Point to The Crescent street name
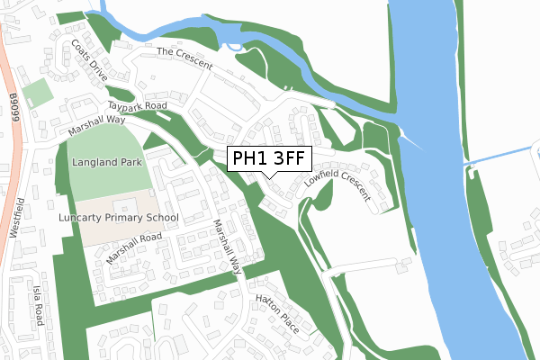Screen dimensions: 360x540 pos(184,58)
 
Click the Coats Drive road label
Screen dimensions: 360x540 pos(90,60)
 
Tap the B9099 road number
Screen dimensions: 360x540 pos(12,102)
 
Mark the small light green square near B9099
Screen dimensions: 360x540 pos(37,93)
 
